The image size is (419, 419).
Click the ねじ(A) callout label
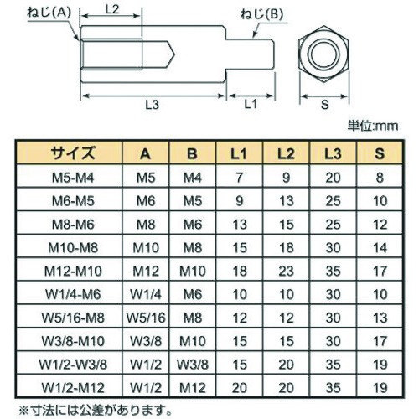[x=49, y=13]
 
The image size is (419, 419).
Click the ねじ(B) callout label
[x=261, y=15]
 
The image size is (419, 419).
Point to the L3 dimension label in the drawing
[x=153, y=105]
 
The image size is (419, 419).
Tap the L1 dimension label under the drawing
[x=251, y=104]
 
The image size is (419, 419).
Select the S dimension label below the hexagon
[x=324, y=105]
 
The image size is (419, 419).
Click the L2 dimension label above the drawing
[x=112, y=10]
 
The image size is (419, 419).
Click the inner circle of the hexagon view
[x=323, y=54]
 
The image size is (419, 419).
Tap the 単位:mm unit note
[x=373, y=126]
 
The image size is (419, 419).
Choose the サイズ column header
[x=73, y=153]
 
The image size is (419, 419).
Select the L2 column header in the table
[x=286, y=153]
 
